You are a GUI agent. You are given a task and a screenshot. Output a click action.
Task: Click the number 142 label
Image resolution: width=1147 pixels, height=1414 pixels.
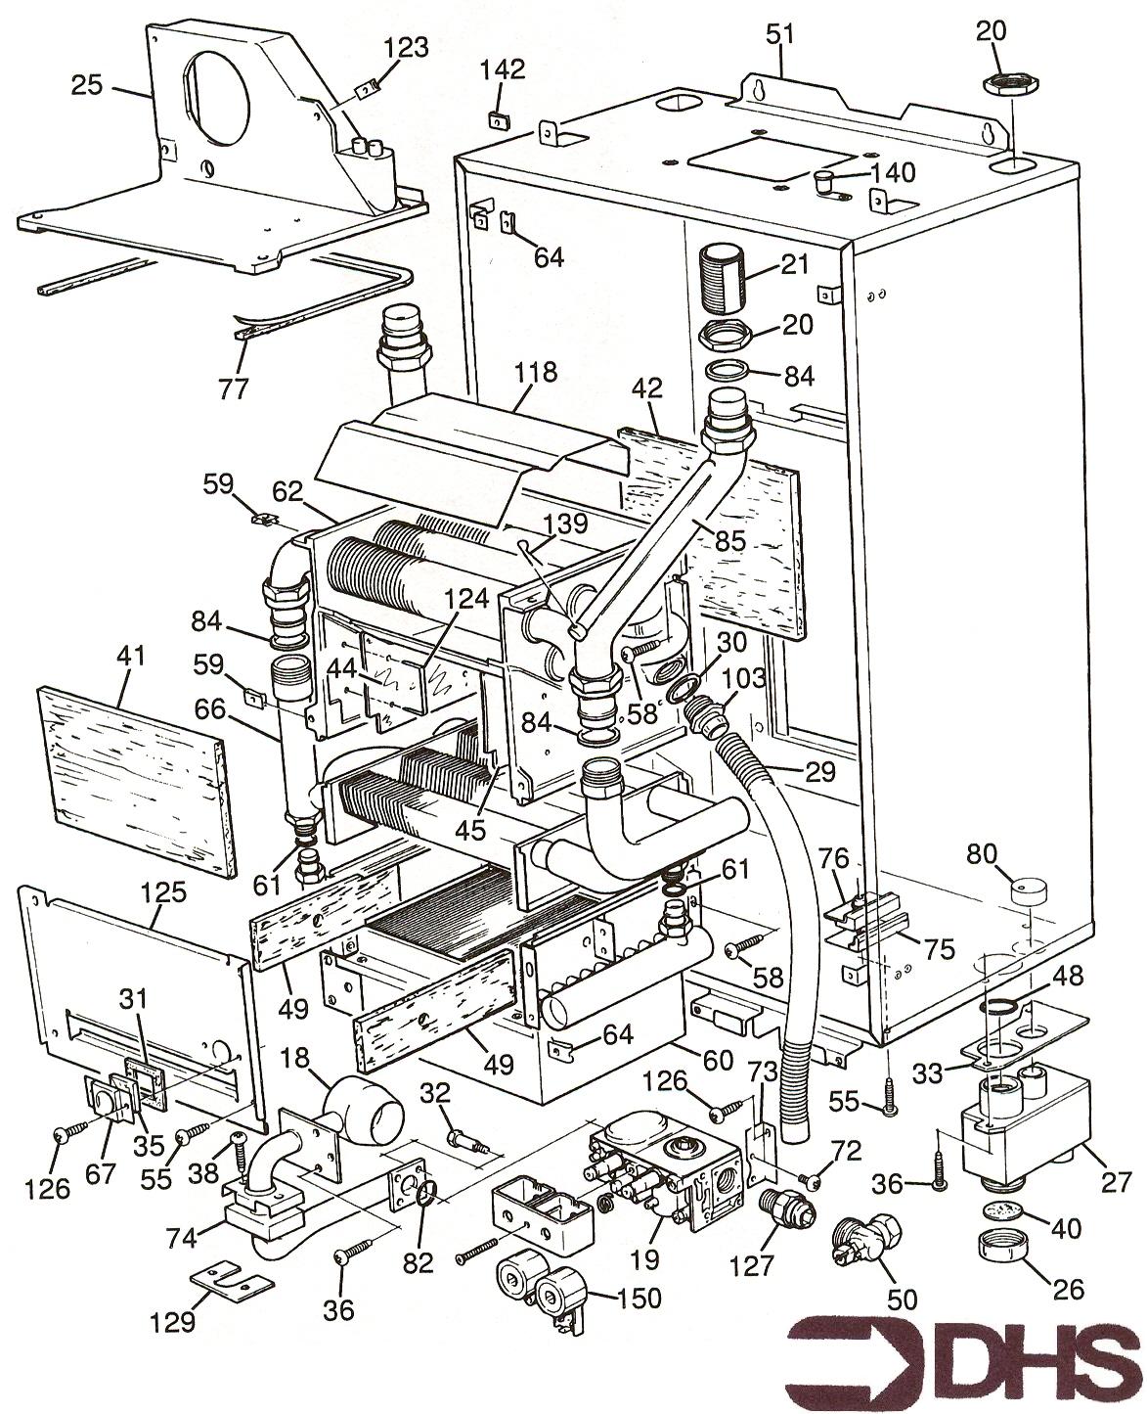point(503,69)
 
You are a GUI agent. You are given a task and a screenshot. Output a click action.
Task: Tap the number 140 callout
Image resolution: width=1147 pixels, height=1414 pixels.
point(894,173)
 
